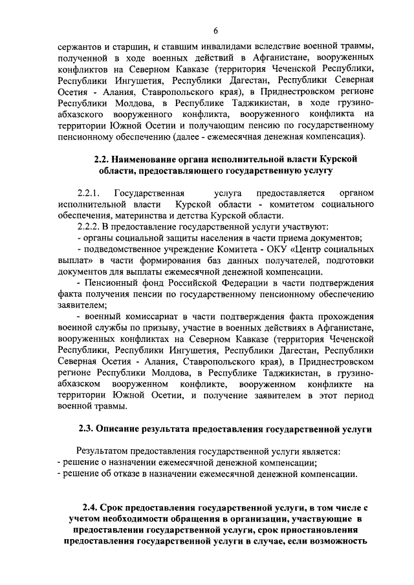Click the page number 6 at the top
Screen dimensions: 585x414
[215, 29]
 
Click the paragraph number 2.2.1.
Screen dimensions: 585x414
[87, 193]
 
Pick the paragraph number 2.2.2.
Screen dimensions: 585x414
[87, 227]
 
